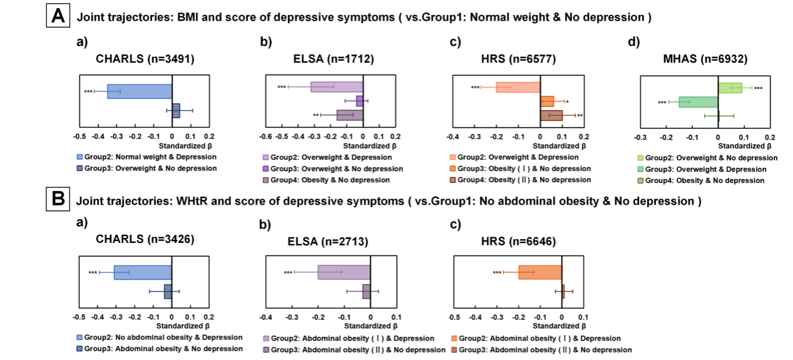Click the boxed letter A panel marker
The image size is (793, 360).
58,16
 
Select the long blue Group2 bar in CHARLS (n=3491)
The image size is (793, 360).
140,91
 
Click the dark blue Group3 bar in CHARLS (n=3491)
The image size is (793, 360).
176,111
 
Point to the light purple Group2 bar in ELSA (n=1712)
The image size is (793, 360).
337,87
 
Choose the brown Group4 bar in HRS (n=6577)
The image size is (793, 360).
551,115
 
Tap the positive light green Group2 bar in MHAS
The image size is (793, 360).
730,88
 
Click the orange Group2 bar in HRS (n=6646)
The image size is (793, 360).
540,272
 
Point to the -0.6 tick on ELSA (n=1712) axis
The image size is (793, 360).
266,135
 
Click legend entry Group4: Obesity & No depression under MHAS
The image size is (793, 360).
705,181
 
